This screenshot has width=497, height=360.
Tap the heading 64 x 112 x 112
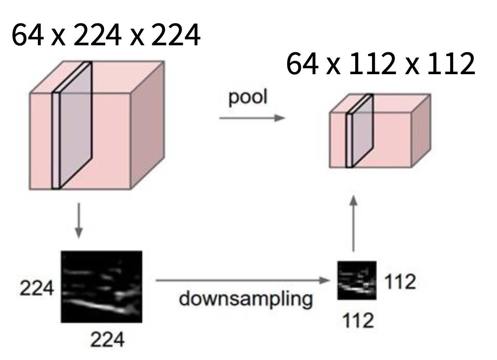pyautogui.click(x=381, y=65)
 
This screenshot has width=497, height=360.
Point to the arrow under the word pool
pyautogui.click(x=250, y=118)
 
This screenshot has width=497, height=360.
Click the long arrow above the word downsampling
pyautogui.click(x=243, y=280)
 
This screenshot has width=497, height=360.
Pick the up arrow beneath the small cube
pyautogui.click(x=353, y=224)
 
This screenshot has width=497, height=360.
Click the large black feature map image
pyautogui.click(x=101, y=287)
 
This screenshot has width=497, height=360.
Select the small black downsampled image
pyautogui.click(x=357, y=280)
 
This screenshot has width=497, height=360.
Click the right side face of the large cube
pyautogui.click(x=146, y=125)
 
